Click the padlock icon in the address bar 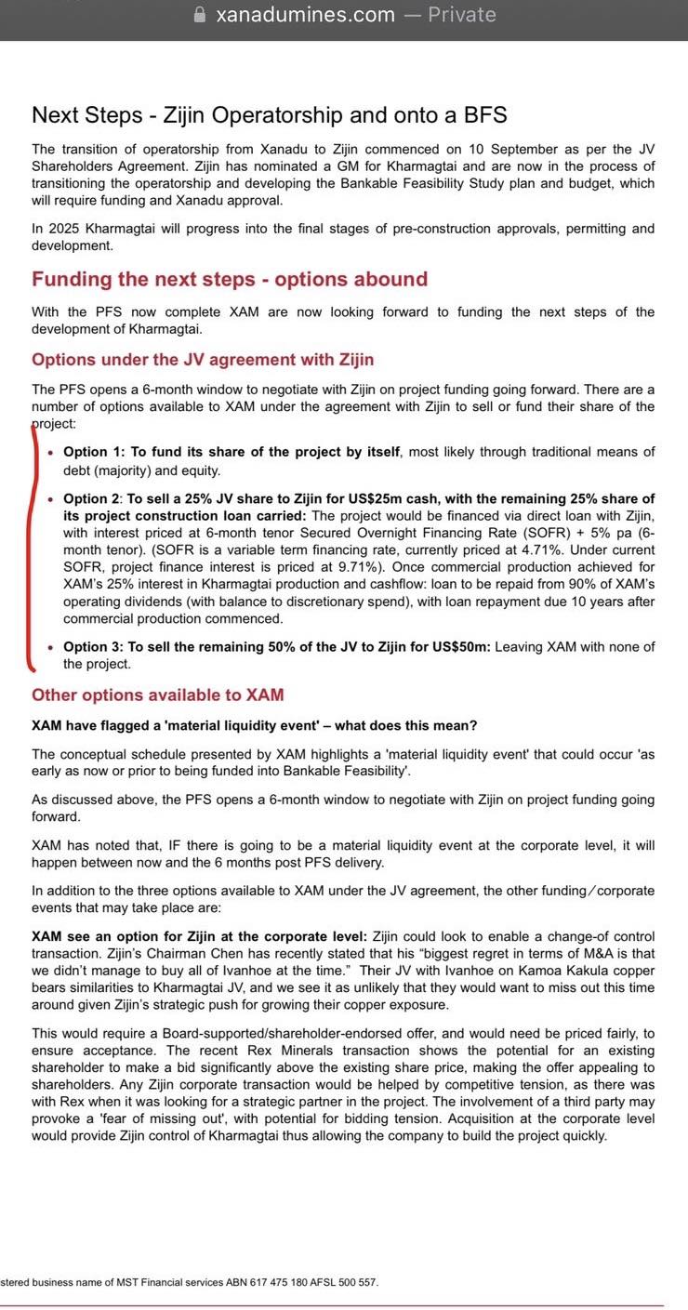tap(197, 15)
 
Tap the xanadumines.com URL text tap(305, 15)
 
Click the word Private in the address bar tap(461, 15)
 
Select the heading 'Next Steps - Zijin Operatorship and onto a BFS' tap(269, 115)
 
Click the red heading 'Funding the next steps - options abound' tap(230, 279)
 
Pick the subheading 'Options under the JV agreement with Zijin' tap(203, 360)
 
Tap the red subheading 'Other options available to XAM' tap(158, 695)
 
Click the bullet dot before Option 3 tap(51, 648)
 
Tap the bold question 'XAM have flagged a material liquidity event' tap(255, 725)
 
